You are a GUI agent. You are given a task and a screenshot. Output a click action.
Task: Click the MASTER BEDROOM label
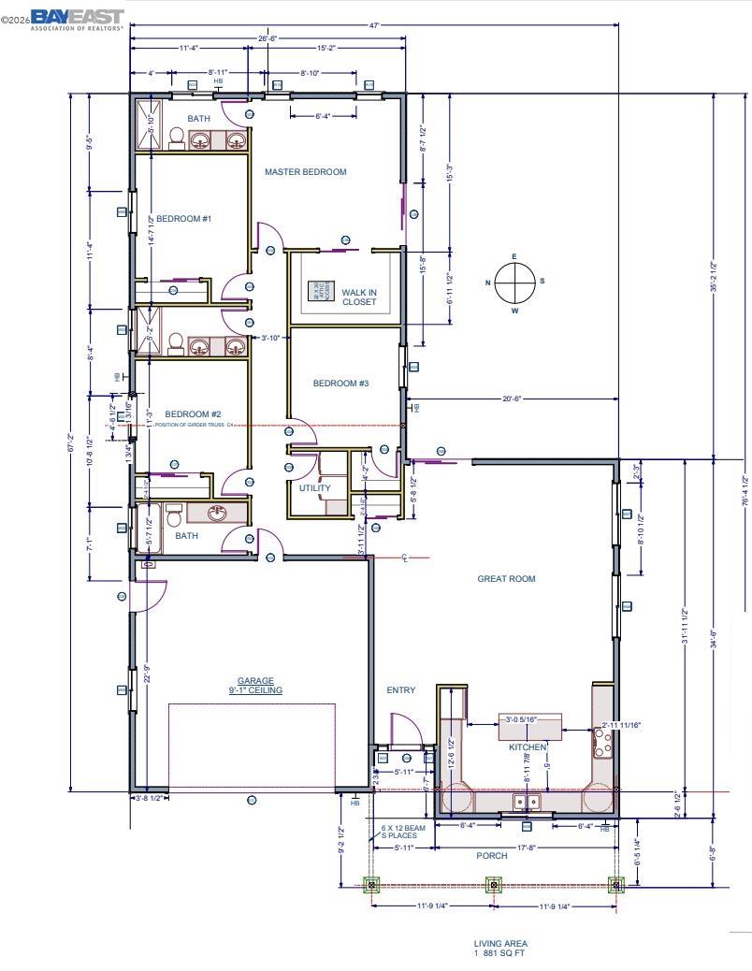click(x=305, y=172)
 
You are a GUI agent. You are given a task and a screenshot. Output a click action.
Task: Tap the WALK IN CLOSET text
click(x=358, y=297)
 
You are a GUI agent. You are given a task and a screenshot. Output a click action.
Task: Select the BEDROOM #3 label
click(x=340, y=384)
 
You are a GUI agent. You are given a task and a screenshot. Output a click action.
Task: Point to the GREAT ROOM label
click(x=506, y=579)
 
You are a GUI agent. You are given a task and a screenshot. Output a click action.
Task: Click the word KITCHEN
click(x=528, y=747)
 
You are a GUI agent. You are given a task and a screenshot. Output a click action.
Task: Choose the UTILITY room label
click(x=314, y=488)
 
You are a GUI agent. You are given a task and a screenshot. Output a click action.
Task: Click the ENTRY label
click(x=400, y=690)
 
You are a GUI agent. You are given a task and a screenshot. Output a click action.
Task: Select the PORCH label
click(x=492, y=856)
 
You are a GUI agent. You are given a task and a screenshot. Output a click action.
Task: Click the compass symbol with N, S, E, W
click(x=514, y=282)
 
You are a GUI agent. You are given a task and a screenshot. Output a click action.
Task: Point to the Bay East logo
click(x=77, y=20)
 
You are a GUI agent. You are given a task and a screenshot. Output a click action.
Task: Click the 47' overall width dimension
click(x=374, y=26)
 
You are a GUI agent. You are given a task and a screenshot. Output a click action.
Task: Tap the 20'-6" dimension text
click(x=511, y=399)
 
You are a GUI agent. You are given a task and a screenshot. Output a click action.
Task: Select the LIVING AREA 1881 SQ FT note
click(x=501, y=949)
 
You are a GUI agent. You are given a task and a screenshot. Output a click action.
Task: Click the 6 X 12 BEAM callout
click(x=403, y=832)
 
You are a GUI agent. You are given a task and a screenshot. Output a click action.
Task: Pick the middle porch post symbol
click(x=494, y=884)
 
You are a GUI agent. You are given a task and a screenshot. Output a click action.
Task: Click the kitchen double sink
click(x=527, y=802)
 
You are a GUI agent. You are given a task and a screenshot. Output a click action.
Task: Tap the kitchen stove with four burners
click(x=603, y=744)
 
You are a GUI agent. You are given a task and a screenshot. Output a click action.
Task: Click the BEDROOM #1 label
click(x=183, y=219)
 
